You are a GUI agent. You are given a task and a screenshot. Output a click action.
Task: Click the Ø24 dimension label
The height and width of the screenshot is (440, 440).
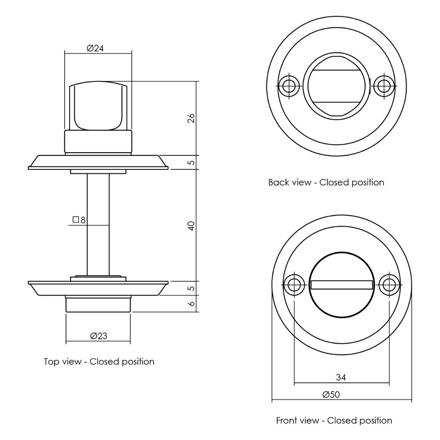pos(95,49)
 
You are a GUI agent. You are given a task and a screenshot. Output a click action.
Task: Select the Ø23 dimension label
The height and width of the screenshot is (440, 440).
pos(99,336)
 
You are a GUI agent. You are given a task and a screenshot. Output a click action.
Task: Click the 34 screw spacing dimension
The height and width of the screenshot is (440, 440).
pos(341,377)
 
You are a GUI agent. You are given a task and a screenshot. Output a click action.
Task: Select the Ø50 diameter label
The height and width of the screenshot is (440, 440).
pos(331,395)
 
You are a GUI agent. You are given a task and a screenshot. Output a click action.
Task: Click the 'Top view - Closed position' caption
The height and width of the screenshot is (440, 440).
pos(99,362)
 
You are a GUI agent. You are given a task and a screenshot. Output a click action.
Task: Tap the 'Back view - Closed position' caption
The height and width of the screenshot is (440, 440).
pos(326,182)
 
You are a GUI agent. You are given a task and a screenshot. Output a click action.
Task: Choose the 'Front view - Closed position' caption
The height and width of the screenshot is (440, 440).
pos(334,420)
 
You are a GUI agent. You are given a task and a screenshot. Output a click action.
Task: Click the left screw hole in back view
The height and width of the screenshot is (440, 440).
pos(289,85)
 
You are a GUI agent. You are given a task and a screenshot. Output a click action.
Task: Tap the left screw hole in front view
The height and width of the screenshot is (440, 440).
pos(294,285)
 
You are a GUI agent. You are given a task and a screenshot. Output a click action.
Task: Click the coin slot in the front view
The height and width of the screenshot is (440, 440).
pos(341,285)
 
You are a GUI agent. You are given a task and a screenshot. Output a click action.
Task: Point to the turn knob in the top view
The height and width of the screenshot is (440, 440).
pos(98,107)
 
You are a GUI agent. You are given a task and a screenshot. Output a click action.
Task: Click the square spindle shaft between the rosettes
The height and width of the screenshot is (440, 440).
pos(98,224)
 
